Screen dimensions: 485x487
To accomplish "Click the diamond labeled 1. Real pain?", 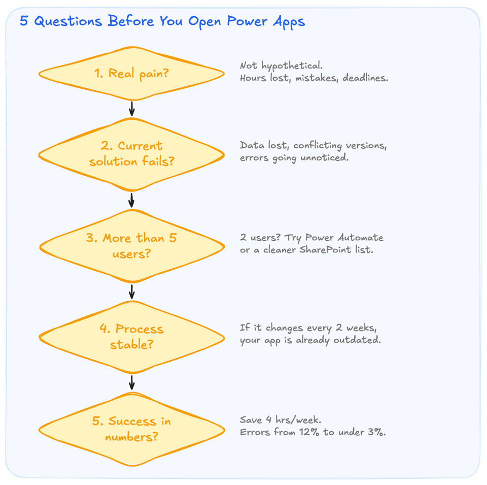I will [131, 74].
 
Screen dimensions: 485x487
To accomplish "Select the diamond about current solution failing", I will [131, 154].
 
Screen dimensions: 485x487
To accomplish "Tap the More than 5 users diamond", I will [131, 246].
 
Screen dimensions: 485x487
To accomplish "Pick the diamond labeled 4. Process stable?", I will [131, 337].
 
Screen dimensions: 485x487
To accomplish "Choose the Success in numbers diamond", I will [131, 429].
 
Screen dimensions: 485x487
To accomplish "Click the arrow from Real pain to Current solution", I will [132, 109].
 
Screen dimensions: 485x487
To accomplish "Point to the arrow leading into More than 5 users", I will [132, 200].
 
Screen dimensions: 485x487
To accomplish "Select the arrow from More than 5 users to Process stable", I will [132, 292].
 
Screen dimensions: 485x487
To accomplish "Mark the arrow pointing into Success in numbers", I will [132, 382].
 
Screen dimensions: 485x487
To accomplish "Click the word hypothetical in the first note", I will [292, 66].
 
